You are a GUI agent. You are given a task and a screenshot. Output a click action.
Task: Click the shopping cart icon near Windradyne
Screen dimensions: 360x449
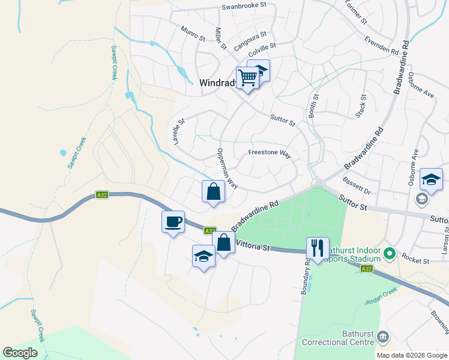tap(247, 77)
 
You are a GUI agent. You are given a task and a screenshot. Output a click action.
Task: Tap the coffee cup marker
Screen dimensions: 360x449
tap(173, 221)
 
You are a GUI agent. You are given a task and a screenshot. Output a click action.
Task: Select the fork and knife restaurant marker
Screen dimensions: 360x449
tap(318, 247)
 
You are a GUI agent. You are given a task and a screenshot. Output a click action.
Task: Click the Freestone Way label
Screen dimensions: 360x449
tap(270, 154)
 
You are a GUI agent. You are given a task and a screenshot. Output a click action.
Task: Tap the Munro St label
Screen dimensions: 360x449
tap(193, 34)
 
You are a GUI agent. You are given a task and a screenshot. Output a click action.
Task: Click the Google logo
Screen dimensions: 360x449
tap(20, 353)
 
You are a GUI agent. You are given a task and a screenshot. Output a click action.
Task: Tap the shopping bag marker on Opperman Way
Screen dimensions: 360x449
tap(213, 192)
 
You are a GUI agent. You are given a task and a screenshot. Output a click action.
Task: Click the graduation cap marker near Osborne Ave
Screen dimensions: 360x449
tap(431, 179)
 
